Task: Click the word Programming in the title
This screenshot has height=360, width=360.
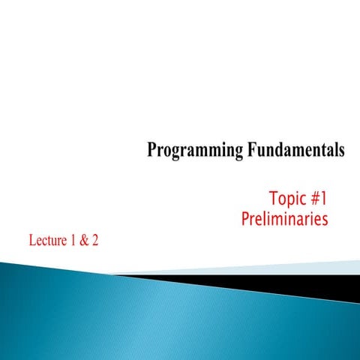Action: click(193, 151)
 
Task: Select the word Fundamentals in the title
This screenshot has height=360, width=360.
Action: click(295, 151)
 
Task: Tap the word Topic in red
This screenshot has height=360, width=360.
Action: click(286, 199)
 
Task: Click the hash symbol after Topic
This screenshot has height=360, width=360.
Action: click(313, 199)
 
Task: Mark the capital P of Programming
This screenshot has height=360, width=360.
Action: click(151, 151)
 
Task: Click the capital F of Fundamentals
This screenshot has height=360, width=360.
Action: click(250, 151)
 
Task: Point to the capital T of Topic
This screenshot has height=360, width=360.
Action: click(271, 199)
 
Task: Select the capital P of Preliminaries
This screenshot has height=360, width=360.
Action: click(247, 220)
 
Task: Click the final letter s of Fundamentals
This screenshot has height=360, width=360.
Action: click(341, 151)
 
